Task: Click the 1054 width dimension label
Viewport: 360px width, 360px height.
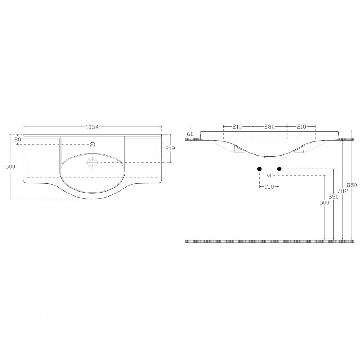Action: (92, 126)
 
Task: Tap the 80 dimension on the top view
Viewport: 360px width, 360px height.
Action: (17, 139)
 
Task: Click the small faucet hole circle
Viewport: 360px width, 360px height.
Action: (92, 145)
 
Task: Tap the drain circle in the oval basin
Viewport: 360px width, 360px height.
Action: (93, 162)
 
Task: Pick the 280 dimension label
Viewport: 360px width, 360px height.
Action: (269, 126)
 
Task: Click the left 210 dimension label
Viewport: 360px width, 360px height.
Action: (237, 126)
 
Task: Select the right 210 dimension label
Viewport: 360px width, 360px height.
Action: (302, 126)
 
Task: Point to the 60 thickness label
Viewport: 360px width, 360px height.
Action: (190, 134)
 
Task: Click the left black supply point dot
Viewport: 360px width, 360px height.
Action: (259, 169)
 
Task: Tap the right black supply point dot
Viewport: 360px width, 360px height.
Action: (279, 169)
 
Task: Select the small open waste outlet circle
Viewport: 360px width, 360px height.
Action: (269, 175)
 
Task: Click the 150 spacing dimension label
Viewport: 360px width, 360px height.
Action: (269, 187)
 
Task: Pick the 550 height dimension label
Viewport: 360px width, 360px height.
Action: (334, 197)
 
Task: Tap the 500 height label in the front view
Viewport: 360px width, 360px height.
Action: (324, 203)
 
